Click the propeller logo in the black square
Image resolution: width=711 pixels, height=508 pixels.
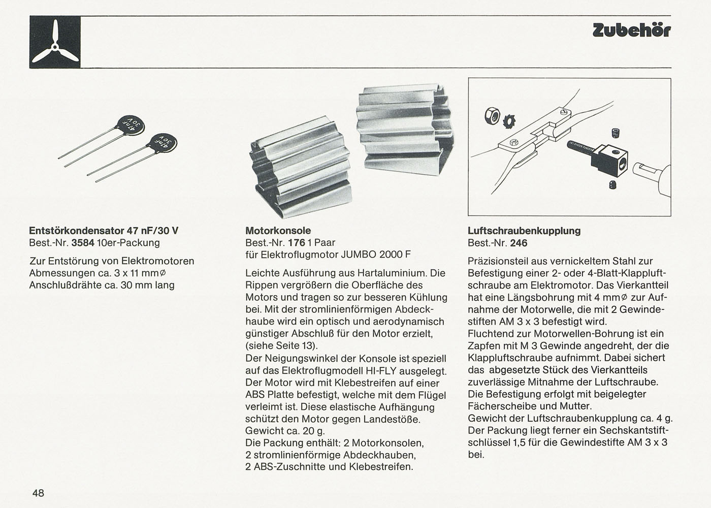click(55, 42)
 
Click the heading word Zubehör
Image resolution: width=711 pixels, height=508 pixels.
click(631, 30)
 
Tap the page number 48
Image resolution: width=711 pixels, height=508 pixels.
click(38, 492)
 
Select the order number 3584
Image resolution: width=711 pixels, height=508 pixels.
click(83, 243)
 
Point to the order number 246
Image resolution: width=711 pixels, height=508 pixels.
click(519, 243)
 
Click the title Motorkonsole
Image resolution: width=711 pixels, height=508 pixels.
click(278, 231)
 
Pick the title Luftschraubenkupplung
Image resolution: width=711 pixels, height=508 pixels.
click(524, 231)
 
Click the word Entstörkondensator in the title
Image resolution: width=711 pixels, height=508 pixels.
click(76, 231)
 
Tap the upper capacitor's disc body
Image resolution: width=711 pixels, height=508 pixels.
click(131, 122)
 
